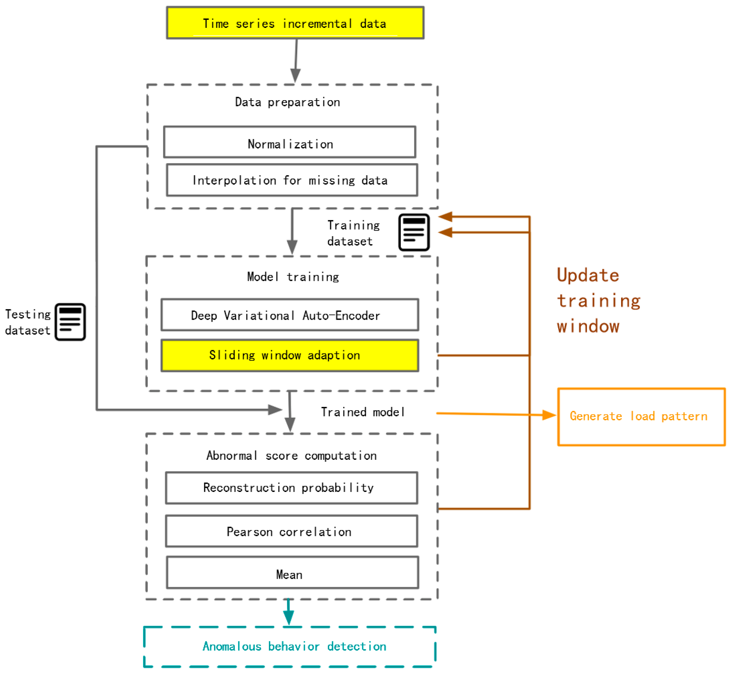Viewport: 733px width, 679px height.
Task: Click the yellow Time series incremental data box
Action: coord(295,23)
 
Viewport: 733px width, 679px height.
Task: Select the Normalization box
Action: coord(290,142)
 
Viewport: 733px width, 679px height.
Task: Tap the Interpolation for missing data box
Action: coord(292,180)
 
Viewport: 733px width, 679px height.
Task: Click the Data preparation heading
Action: coord(287,102)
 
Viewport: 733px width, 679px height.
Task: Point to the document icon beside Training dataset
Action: coord(414,232)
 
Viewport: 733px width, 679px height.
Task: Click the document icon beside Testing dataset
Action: coord(70,322)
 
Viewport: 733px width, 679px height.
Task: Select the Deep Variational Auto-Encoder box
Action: coord(290,315)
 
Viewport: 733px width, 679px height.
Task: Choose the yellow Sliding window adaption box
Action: coord(290,355)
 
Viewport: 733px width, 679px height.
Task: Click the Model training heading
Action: coord(293,277)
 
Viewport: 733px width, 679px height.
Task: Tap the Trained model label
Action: coord(363,412)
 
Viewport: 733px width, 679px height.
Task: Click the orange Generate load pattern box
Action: coord(641,417)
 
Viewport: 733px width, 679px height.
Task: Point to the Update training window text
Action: coord(598,301)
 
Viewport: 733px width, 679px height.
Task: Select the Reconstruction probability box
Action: coord(291,488)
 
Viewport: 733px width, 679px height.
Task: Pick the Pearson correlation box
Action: coord(291,531)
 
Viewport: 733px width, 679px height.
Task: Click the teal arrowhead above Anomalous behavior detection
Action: coord(288,618)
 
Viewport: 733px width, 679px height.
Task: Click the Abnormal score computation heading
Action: coord(291,456)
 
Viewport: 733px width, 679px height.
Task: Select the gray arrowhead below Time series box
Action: coord(295,75)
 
